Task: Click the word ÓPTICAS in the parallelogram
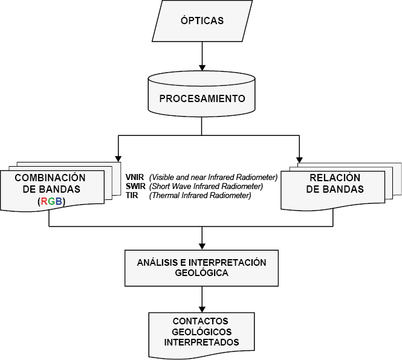pos(202,21)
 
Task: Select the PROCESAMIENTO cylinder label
pos(202,98)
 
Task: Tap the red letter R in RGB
pos(44,202)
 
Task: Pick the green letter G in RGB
pos(51,202)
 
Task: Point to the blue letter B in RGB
pos(59,202)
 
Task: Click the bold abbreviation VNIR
pos(135,177)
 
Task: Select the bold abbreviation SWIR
pos(135,186)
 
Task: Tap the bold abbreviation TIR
pos(132,195)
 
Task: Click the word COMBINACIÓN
pos(50,178)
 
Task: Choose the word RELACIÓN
pos(335,178)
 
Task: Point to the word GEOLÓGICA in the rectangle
pos(201,273)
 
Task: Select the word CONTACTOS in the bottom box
pos(201,321)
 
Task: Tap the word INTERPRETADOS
pos(201,342)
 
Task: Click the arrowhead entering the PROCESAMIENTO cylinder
pos(203,68)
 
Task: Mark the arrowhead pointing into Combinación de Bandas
pos(118,159)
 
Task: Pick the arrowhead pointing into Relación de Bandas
pos(299,159)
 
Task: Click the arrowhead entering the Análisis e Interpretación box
pos(203,246)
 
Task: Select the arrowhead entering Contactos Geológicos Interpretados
pos(203,309)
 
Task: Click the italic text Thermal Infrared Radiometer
pos(200,195)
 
